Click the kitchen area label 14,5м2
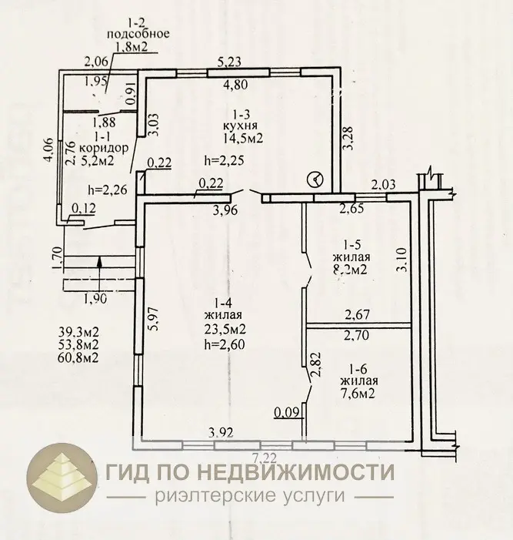tap(243, 139)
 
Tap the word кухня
tap(241, 125)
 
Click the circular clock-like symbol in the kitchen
tap(315, 179)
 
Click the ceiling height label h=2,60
tap(226, 344)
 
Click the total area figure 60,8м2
tap(78, 358)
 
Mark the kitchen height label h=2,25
tap(224, 161)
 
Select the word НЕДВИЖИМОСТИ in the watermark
tap(303, 471)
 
